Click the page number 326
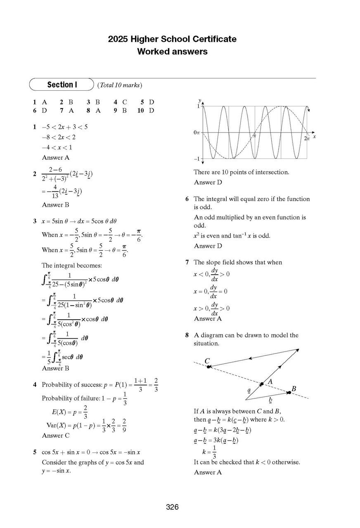point(172,507)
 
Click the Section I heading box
point(62,85)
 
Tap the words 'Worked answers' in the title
point(172,52)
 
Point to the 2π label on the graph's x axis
point(306,139)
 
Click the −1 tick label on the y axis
point(197,159)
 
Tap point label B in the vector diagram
point(294,388)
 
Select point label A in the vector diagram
point(270,382)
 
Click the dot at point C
point(209,366)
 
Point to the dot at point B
point(289,393)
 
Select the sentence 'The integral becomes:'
point(69,265)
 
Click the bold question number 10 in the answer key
point(140,111)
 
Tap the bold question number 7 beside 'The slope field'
point(187,262)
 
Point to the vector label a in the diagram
point(249,390)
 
